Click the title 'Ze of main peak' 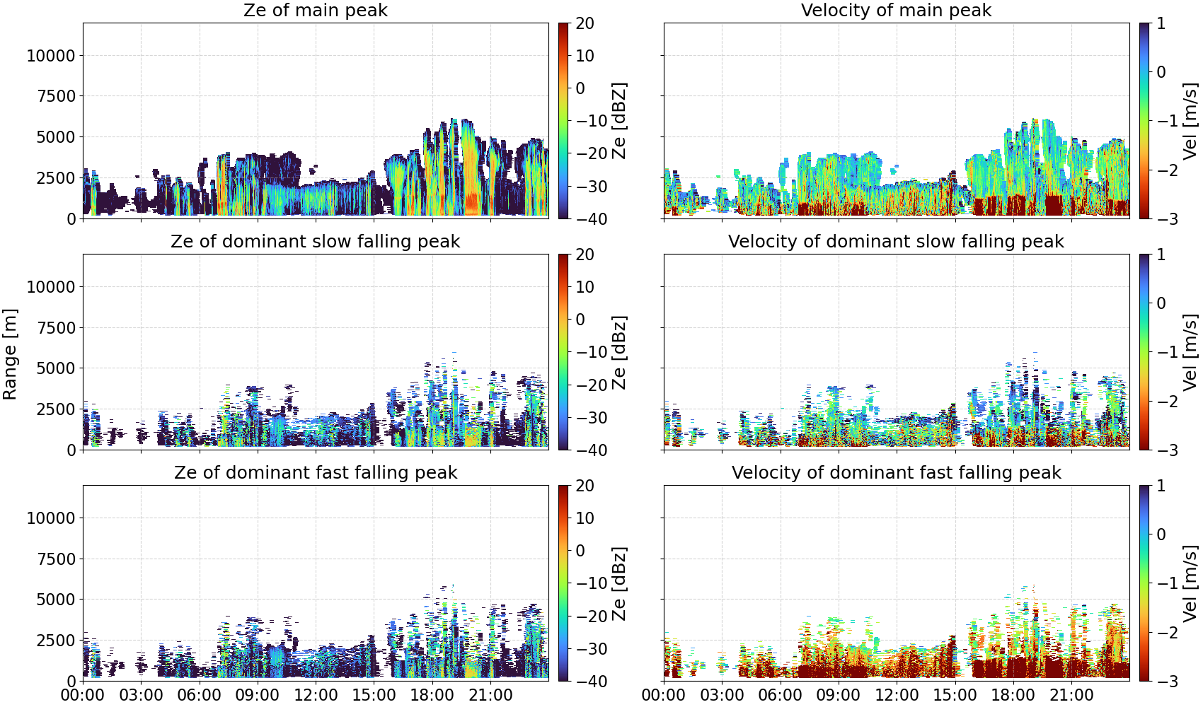315,10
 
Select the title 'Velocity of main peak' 897,10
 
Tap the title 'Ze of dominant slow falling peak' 315,241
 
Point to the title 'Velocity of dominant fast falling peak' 897,472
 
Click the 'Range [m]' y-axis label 10,354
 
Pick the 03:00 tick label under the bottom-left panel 142,695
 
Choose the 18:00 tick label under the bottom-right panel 1013,695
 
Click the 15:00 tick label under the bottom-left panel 374,695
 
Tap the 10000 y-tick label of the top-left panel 52,55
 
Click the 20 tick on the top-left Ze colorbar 585,23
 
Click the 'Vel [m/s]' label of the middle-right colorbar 1190,352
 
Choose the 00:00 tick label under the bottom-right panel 664,695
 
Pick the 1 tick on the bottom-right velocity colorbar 1161,486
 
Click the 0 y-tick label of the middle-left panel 71,450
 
